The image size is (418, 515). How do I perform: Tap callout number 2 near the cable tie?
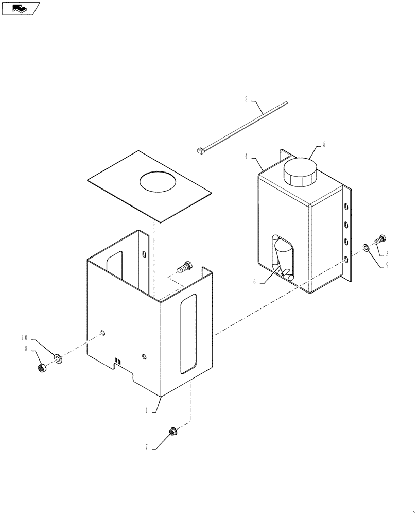coord(247,98)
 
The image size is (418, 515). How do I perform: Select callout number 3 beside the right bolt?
coord(387,253)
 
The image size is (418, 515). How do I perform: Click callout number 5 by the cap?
coord(324,145)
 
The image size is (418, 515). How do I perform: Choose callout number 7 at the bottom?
coord(146,448)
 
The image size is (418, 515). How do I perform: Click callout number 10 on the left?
coord(25,338)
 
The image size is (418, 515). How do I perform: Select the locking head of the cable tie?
coord(200,151)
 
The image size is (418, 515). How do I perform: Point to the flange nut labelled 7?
coord(172,431)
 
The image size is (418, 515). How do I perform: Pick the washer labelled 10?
coord(57,357)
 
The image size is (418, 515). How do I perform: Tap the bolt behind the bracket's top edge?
coord(185,267)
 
